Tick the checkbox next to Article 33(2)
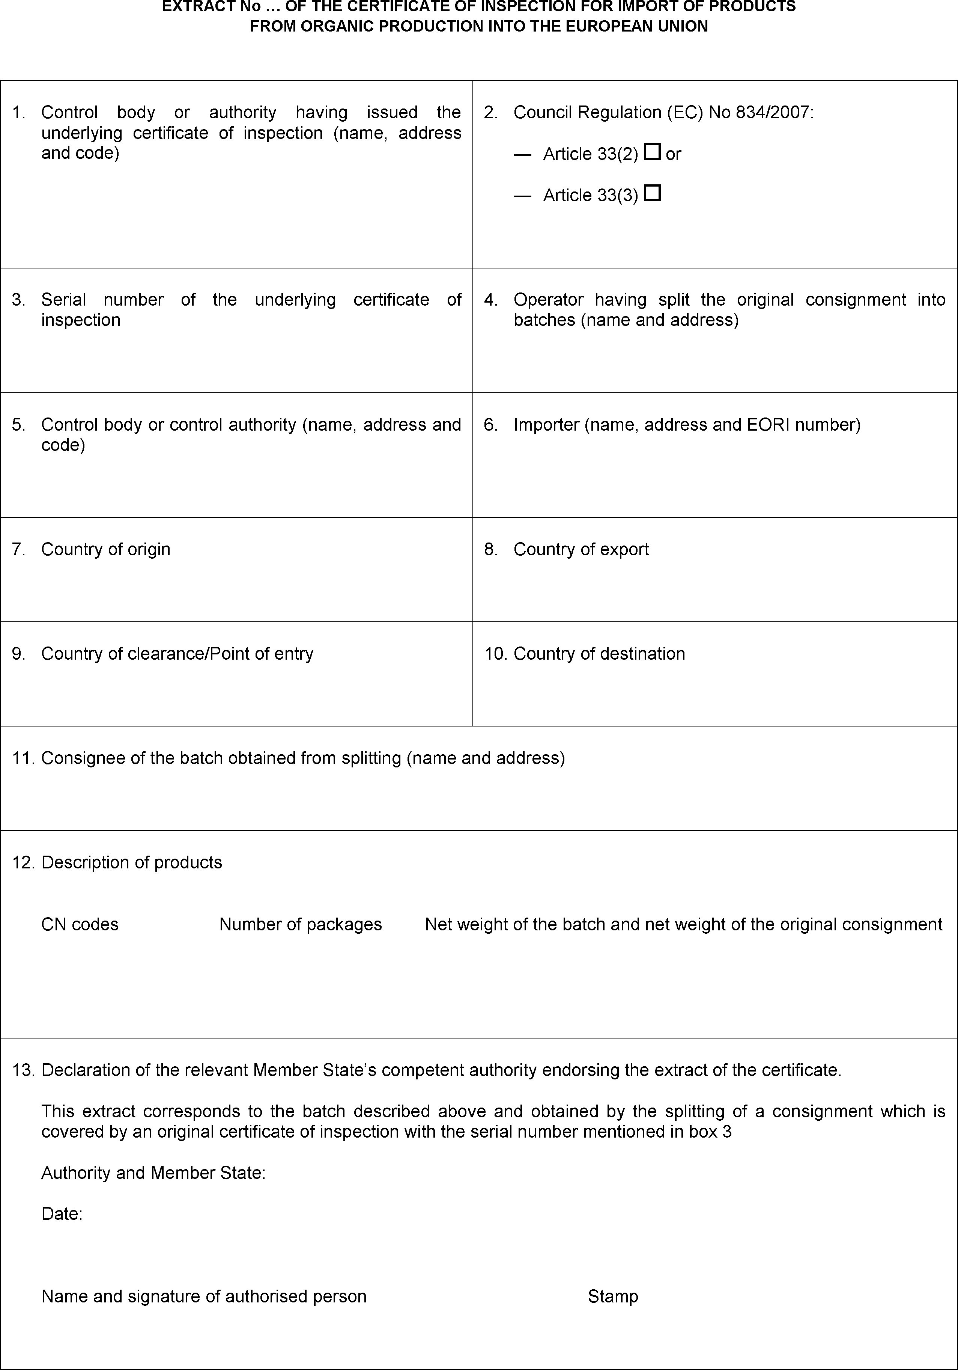653,152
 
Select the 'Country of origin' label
105,549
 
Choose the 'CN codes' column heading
80,924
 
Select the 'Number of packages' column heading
301,924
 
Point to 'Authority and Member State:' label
153,1173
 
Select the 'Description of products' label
131,862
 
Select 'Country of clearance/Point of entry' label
177,653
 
